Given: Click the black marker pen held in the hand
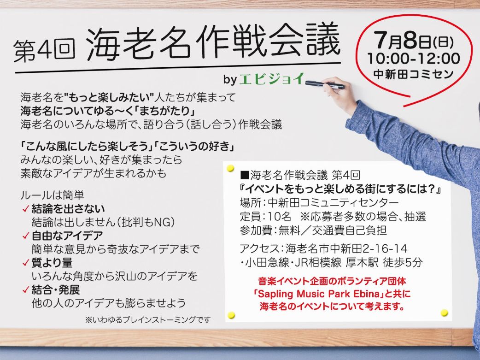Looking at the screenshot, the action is [324, 84].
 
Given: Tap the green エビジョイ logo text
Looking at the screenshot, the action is [271, 79].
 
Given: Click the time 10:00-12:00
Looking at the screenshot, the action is [414, 59].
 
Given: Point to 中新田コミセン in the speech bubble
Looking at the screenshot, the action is [413, 74].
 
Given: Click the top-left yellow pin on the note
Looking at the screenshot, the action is [230, 168].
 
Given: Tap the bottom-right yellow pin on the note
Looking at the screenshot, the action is [444, 313].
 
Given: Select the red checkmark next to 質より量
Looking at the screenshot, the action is [26, 263].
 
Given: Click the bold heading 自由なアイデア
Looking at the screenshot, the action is [67, 236].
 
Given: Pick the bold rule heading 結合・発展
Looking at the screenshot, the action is [55, 290].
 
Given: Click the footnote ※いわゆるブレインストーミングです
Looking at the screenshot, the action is [148, 320].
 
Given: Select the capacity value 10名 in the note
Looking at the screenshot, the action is [279, 217].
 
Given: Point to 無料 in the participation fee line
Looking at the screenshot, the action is [289, 230].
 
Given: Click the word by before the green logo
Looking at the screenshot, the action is [230, 80].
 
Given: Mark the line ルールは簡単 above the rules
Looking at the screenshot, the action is [53, 195].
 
